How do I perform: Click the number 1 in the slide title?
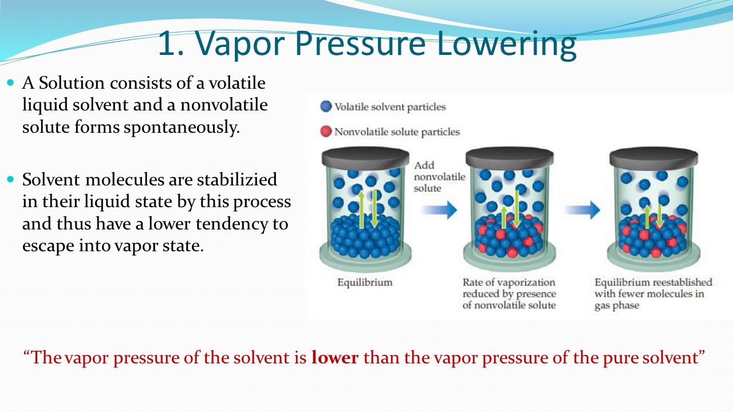tap(167, 45)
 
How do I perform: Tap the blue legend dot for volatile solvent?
tap(326, 106)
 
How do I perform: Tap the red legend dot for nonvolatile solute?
tap(326, 132)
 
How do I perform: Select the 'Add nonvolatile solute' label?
tap(439, 176)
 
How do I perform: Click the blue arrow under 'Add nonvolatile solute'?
tap(439, 209)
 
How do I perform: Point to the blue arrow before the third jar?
tap(582, 209)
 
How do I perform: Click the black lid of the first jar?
tap(365, 156)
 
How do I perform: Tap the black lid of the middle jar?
tap(509, 156)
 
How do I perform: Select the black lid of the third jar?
tap(653, 156)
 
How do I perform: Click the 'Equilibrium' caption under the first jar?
tap(365, 282)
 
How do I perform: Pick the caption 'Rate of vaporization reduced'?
tap(509, 294)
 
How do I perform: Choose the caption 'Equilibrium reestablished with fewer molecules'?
tap(653, 294)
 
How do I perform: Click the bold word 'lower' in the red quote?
tap(334, 358)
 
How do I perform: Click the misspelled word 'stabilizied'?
tap(237, 180)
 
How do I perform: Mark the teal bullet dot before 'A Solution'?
tap(10, 83)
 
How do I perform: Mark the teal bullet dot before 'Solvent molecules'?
tap(10, 180)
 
